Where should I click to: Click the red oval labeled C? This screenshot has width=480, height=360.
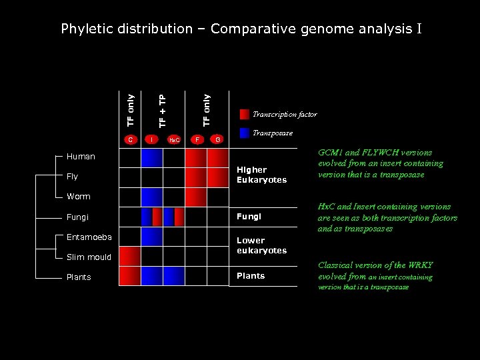(131, 139)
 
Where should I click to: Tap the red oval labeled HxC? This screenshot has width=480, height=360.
(174, 140)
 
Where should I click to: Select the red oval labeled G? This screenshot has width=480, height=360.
(217, 139)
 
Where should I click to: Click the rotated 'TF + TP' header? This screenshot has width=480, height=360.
(163, 109)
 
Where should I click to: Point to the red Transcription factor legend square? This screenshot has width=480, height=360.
(245, 114)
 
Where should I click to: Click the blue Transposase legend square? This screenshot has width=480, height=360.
(245, 133)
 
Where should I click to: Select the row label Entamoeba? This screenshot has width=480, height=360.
(89, 237)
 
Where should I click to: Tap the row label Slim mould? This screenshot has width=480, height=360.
(89, 257)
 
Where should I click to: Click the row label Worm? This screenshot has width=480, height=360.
(79, 197)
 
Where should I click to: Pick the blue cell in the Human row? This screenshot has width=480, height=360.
(152, 157)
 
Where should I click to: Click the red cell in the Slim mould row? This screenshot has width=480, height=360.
(130, 257)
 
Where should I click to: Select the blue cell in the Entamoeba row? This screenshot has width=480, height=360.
(152, 237)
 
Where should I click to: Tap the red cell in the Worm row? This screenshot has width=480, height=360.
(196, 197)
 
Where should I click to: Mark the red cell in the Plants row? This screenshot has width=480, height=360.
(130, 277)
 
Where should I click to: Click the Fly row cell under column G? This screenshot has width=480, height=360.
(217, 177)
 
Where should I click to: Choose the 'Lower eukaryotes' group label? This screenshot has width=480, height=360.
(261, 245)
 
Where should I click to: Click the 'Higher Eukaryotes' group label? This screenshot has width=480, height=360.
(261, 175)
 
